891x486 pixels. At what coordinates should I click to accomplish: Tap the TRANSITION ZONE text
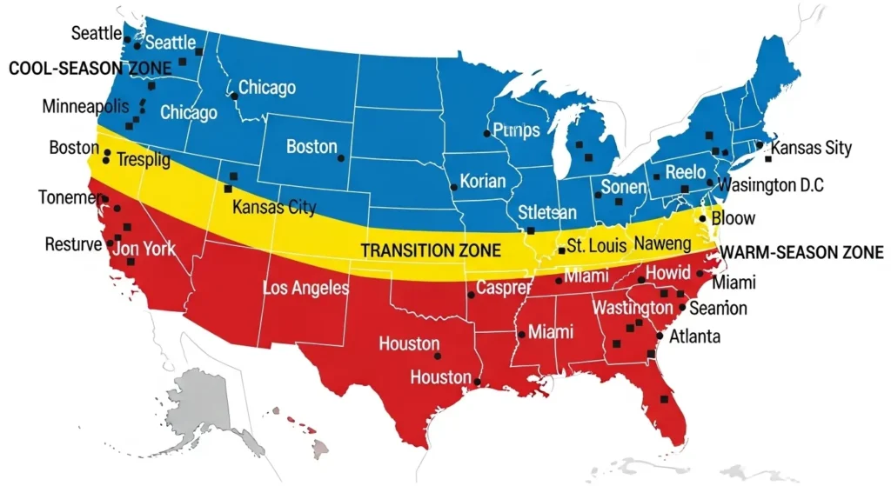click(431, 250)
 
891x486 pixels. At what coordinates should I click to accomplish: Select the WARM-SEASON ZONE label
click(804, 254)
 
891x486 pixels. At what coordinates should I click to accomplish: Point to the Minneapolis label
click(85, 107)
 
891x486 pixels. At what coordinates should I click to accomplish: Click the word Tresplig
click(144, 161)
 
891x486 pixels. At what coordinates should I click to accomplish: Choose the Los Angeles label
click(305, 288)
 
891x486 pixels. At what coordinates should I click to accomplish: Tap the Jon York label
click(144, 249)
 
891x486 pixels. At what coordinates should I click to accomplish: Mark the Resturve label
click(73, 244)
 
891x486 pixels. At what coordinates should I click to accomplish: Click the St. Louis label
click(598, 246)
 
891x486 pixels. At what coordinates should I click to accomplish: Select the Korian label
click(482, 183)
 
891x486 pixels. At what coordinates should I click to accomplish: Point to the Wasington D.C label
click(770, 185)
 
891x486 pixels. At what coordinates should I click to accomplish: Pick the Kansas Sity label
click(811, 148)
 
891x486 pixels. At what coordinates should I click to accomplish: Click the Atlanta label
click(693, 336)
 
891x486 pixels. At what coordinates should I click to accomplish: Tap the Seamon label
click(718, 308)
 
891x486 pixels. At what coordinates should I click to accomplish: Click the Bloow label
click(733, 218)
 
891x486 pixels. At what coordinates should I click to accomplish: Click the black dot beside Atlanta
click(660, 336)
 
